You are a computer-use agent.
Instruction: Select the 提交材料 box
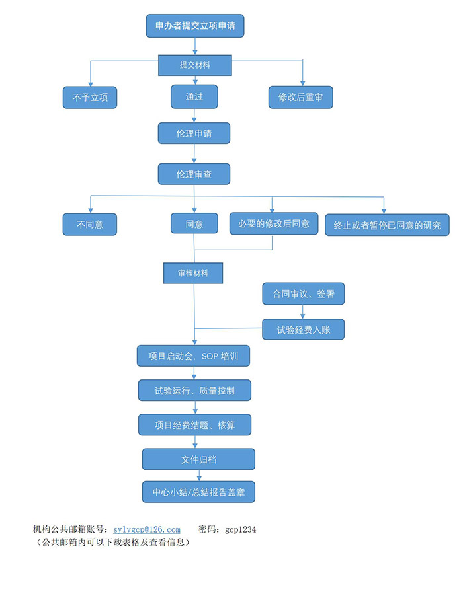click(x=194, y=65)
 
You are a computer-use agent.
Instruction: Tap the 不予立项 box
click(x=89, y=98)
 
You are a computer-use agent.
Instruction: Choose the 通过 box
click(x=194, y=96)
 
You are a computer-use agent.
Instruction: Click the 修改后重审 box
click(x=300, y=98)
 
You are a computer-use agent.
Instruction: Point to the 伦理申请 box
click(x=194, y=133)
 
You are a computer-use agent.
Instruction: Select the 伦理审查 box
click(x=194, y=174)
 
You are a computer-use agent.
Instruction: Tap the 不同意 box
click(x=89, y=224)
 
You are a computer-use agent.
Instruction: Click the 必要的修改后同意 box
click(x=273, y=223)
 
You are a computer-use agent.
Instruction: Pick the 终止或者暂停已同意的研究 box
click(x=387, y=225)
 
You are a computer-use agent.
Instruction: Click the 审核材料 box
click(x=192, y=272)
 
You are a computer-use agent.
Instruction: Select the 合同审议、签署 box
click(x=303, y=294)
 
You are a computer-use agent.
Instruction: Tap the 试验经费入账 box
click(x=303, y=329)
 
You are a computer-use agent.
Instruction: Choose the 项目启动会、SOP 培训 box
click(x=194, y=356)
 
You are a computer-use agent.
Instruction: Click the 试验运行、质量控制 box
click(x=194, y=391)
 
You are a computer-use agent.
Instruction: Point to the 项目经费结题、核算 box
click(x=194, y=425)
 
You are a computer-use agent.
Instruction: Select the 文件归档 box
click(x=198, y=459)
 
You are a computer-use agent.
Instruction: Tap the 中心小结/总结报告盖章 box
click(x=198, y=492)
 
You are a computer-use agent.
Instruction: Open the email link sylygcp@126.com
click(x=147, y=529)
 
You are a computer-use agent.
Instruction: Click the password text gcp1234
click(x=240, y=529)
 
